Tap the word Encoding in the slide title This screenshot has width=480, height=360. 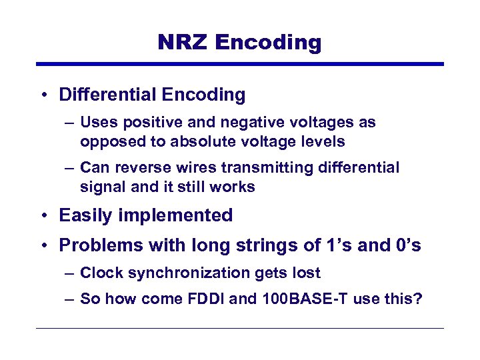click(269, 43)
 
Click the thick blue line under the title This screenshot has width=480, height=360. click(240, 64)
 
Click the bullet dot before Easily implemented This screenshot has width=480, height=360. click(43, 216)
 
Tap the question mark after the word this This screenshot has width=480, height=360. click(418, 299)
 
